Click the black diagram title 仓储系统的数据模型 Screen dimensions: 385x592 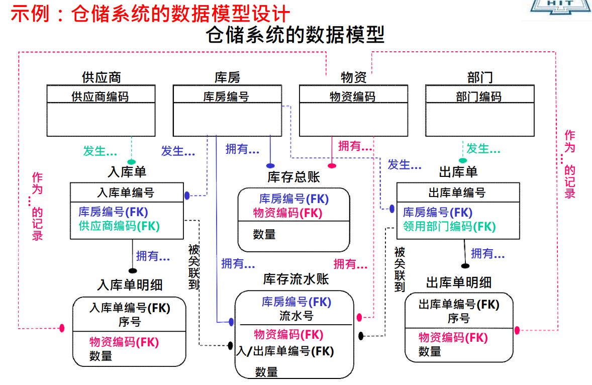[x=295, y=35]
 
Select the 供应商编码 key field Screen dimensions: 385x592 [x=101, y=97]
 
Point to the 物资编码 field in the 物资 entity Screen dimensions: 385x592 [x=352, y=97]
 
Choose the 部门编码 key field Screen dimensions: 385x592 [x=478, y=97]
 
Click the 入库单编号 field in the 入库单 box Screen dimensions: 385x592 [x=126, y=192]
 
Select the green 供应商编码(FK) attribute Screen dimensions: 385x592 [x=119, y=226]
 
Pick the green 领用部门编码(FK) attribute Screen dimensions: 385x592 [x=449, y=227]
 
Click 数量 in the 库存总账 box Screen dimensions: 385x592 [x=264, y=234]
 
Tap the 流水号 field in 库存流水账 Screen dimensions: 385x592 [x=296, y=316]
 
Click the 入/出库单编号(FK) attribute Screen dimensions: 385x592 [x=285, y=351]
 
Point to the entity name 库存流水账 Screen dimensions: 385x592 [x=296, y=279]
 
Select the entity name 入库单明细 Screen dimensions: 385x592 [x=130, y=285]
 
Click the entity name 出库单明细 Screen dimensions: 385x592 [x=459, y=282]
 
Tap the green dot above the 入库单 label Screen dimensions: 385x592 [x=132, y=162]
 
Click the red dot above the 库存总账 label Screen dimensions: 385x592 [x=332, y=165]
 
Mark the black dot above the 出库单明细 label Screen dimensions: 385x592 [x=465, y=265]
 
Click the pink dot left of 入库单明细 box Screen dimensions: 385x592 [x=62, y=328]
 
